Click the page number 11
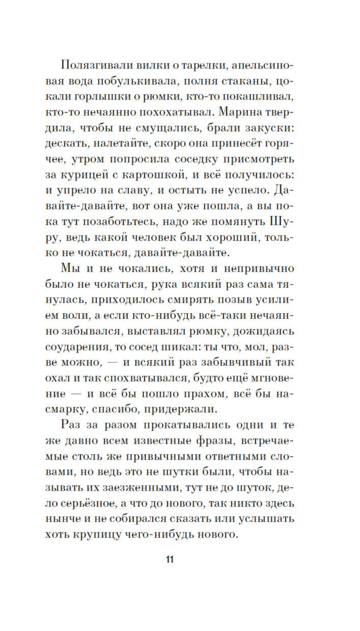(170, 559)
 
